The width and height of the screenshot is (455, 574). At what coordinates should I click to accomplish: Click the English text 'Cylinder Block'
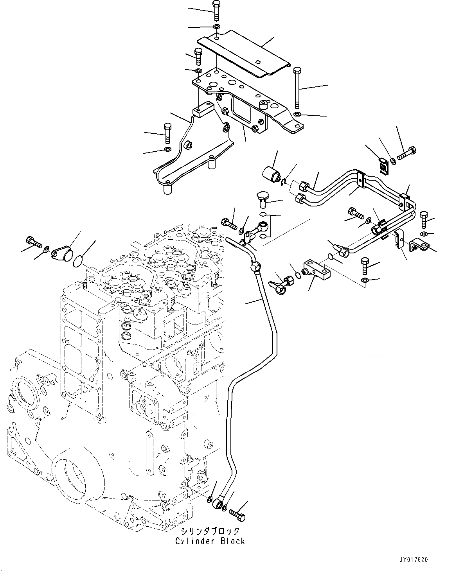click(210, 541)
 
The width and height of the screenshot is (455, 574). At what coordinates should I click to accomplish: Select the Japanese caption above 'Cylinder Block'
click(210, 531)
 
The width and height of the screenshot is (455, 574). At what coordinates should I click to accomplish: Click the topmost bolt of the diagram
click(216, 10)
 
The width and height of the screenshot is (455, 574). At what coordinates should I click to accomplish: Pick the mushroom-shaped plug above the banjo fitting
click(261, 197)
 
